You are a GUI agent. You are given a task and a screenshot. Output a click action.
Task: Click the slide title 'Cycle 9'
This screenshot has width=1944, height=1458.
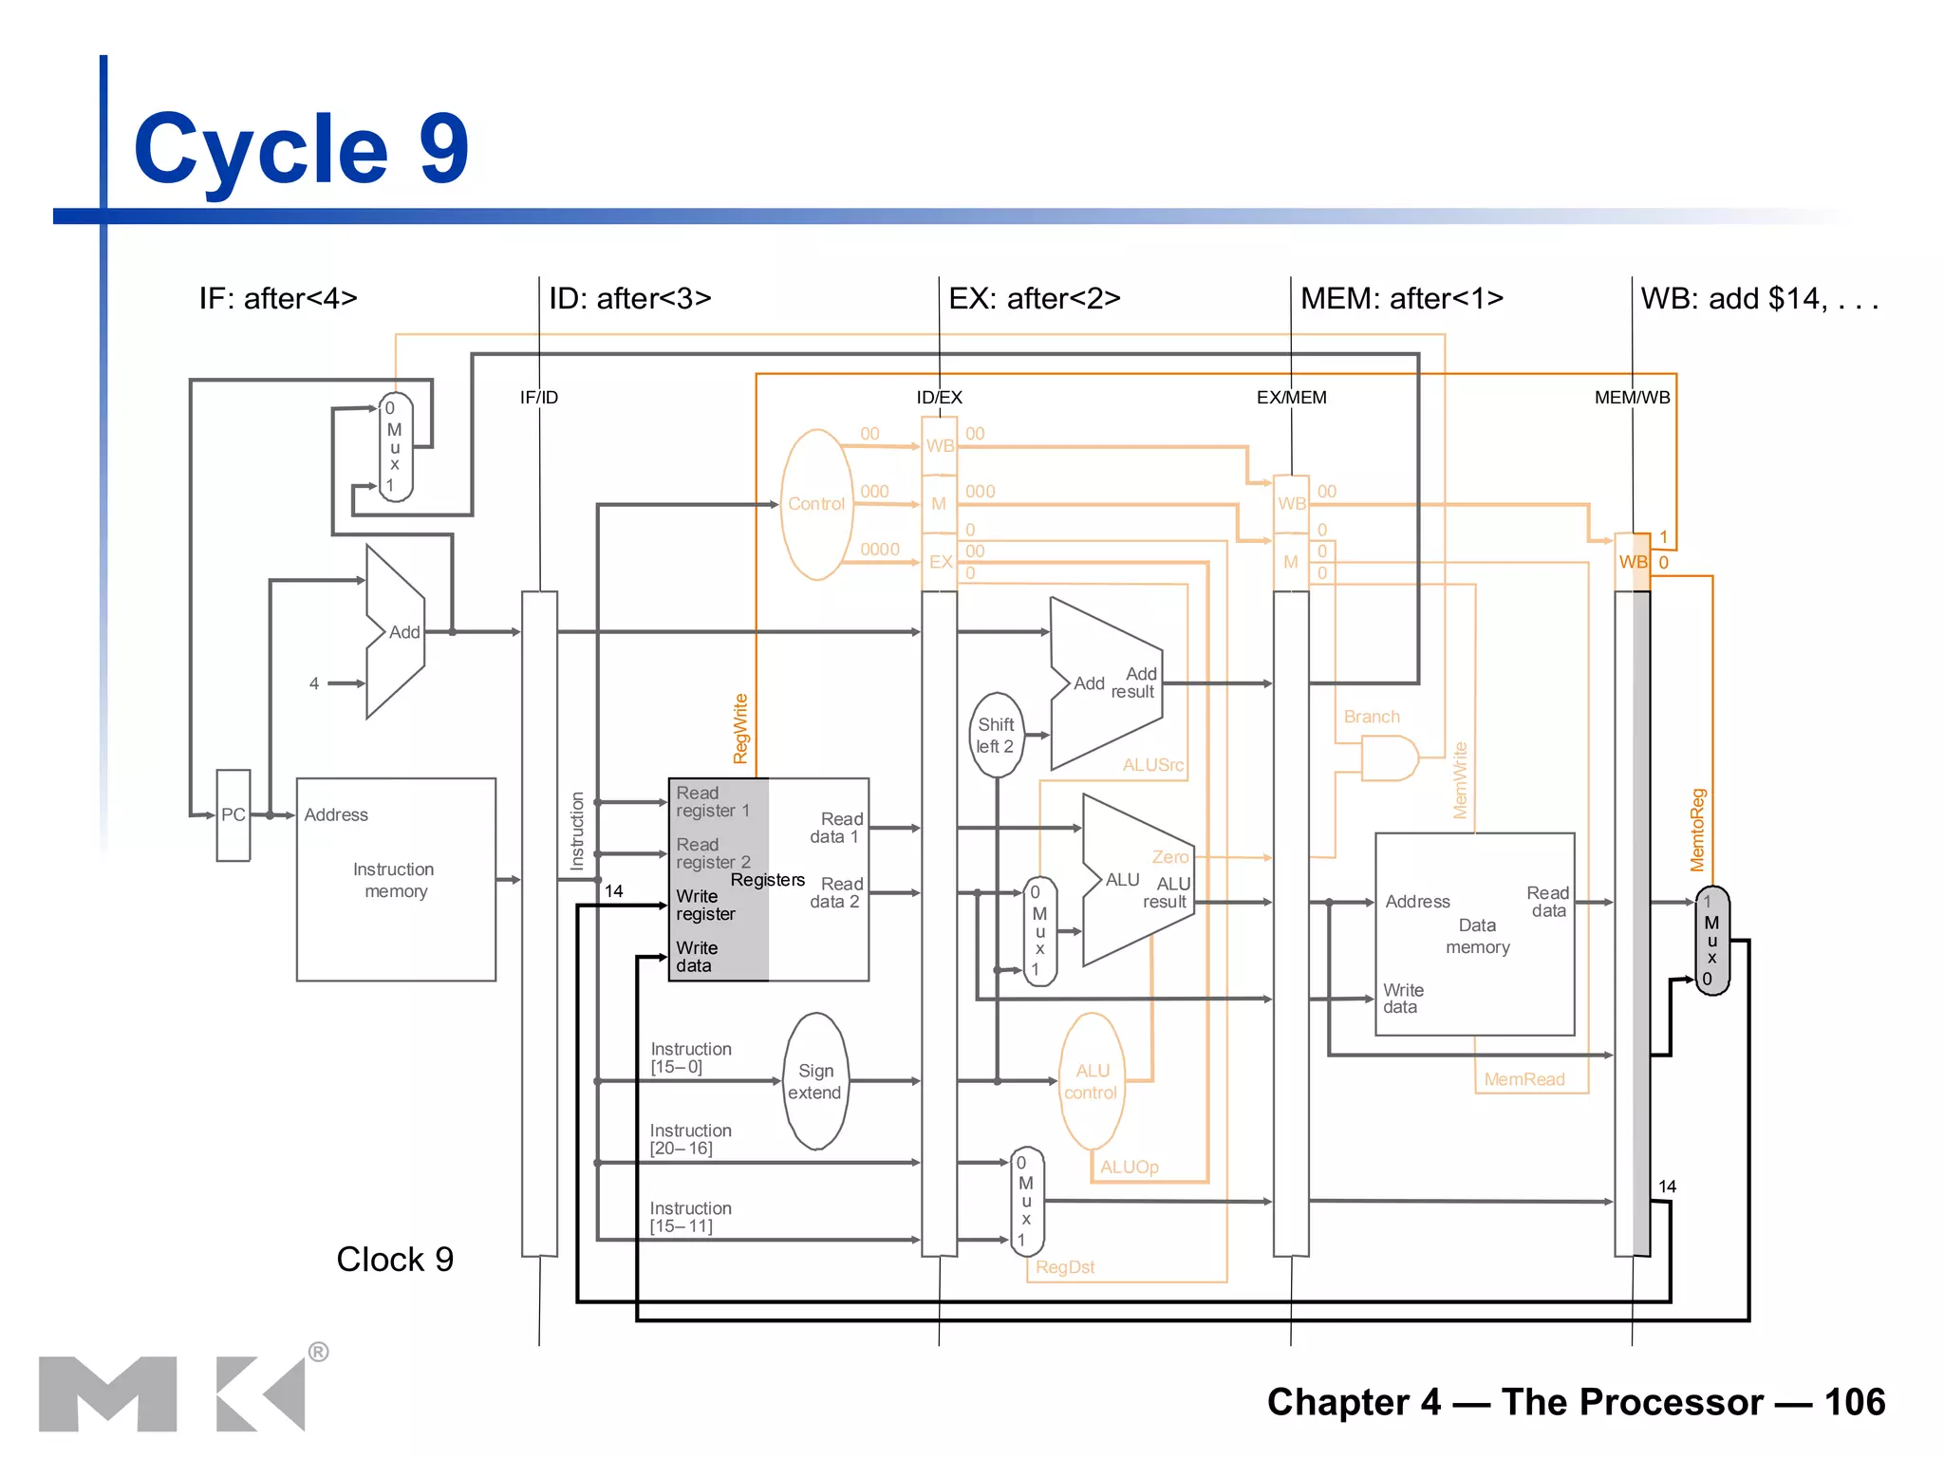pos(301,149)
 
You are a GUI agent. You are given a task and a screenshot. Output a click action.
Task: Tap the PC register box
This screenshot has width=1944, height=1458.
pos(234,814)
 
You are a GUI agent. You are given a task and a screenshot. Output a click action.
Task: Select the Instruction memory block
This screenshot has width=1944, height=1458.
pos(395,880)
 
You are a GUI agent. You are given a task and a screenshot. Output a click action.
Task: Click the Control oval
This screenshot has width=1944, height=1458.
pos(815,504)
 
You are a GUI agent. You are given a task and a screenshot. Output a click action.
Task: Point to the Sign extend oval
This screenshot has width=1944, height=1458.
pos(815,1081)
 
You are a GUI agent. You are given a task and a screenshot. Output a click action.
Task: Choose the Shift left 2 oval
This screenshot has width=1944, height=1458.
pos(996,736)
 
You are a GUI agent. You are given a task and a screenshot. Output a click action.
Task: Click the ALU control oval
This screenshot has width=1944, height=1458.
pos(1092,1081)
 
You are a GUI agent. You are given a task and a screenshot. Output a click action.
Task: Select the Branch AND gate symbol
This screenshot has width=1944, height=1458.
pos(1388,758)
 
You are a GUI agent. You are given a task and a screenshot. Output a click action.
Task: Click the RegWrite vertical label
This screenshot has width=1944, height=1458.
pos(740,728)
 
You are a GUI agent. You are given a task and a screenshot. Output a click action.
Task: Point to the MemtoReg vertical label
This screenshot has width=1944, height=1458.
pos(1697,830)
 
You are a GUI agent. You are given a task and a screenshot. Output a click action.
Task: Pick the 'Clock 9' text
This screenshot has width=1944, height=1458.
pos(395,1259)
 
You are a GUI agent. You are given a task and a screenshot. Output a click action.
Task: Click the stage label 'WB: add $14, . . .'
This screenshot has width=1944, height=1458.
pos(1759,298)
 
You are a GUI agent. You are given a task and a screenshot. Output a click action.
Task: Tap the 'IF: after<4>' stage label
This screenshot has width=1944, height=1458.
pos(278,298)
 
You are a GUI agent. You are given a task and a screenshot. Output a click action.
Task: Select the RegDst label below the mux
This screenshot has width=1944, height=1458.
pos(1064,1267)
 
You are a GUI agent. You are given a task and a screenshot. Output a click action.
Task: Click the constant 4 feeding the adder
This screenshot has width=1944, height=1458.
pos(314,683)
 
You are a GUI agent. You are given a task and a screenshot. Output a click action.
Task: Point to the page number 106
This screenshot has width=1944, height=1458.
pos(1854,1402)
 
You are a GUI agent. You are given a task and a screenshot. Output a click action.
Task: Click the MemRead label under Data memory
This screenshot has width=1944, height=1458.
pos(1523,1079)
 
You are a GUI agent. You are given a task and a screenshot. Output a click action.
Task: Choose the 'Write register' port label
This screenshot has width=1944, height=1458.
pos(705,905)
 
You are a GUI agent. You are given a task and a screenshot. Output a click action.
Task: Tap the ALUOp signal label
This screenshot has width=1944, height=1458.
pos(1129,1167)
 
